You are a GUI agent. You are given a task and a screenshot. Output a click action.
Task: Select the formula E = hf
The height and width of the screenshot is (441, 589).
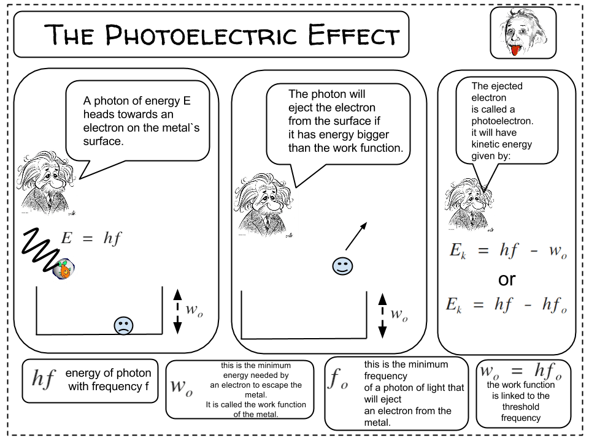(92, 238)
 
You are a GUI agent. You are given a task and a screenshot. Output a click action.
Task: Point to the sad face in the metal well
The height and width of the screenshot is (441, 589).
(123, 325)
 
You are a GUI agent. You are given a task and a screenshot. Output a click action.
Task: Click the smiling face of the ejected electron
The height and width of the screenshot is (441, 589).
(342, 266)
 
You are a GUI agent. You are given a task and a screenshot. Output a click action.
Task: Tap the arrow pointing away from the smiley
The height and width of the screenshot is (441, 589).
(356, 236)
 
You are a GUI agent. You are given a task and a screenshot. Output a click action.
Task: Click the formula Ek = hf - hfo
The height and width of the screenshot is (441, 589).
(507, 305)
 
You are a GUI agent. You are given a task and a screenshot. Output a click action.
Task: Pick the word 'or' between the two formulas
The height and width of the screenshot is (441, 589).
(507, 279)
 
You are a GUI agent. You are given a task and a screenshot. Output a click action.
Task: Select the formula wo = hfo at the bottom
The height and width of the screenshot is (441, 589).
(520, 371)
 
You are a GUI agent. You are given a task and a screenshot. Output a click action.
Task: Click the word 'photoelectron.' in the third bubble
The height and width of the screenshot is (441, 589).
(502, 121)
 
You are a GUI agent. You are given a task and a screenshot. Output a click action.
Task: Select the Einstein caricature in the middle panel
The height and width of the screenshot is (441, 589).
(265, 203)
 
